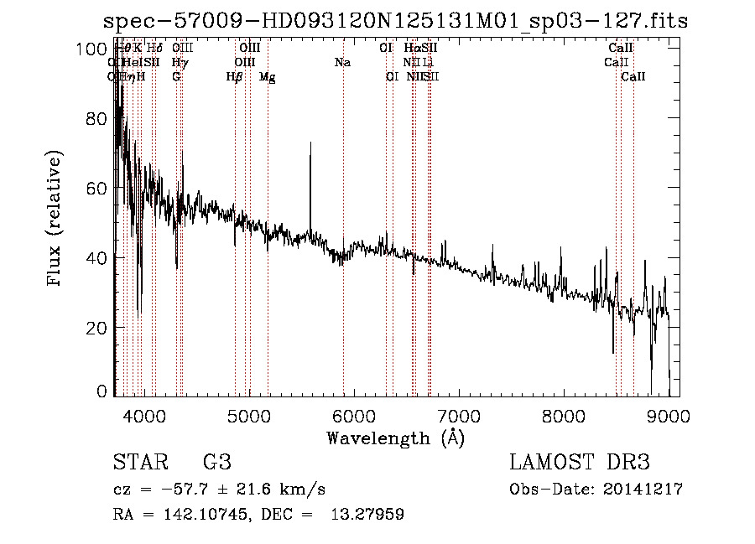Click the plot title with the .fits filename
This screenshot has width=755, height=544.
395,21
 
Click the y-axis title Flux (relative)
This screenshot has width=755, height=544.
55,220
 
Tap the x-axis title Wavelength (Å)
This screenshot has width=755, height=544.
395,438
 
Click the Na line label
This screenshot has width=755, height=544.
342,62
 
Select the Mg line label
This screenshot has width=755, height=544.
267,77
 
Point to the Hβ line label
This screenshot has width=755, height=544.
235,77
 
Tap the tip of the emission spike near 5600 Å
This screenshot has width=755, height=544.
310,143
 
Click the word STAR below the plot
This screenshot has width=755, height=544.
139,463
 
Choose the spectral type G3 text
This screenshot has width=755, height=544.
216,463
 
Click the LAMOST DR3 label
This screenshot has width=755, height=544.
580,463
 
